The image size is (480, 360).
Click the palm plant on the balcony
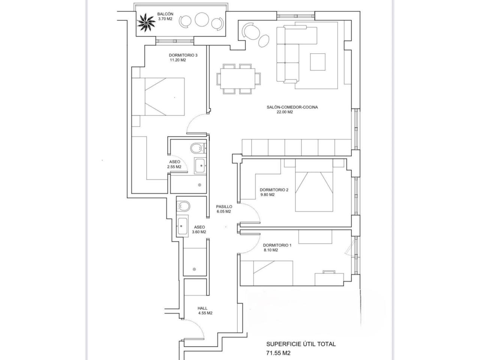click(x=146, y=22)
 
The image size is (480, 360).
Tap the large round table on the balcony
click(x=202, y=19)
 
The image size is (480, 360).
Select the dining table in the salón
click(x=238, y=78)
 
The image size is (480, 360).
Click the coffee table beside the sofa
click(x=318, y=62)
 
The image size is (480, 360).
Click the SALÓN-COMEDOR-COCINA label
click(x=292, y=107)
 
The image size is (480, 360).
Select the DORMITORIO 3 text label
click(x=183, y=55)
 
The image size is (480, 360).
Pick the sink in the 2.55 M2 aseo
click(x=200, y=166)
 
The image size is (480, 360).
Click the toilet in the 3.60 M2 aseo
click(x=183, y=206)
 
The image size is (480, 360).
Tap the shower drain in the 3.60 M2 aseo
click(x=194, y=269)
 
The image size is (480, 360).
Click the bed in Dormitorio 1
click(x=267, y=273)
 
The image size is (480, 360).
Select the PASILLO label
click(x=224, y=207)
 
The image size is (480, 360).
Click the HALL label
click(x=202, y=308)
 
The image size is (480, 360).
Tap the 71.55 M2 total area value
click(x=278, y=353)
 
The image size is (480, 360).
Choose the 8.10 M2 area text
click(x=271, y=250)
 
